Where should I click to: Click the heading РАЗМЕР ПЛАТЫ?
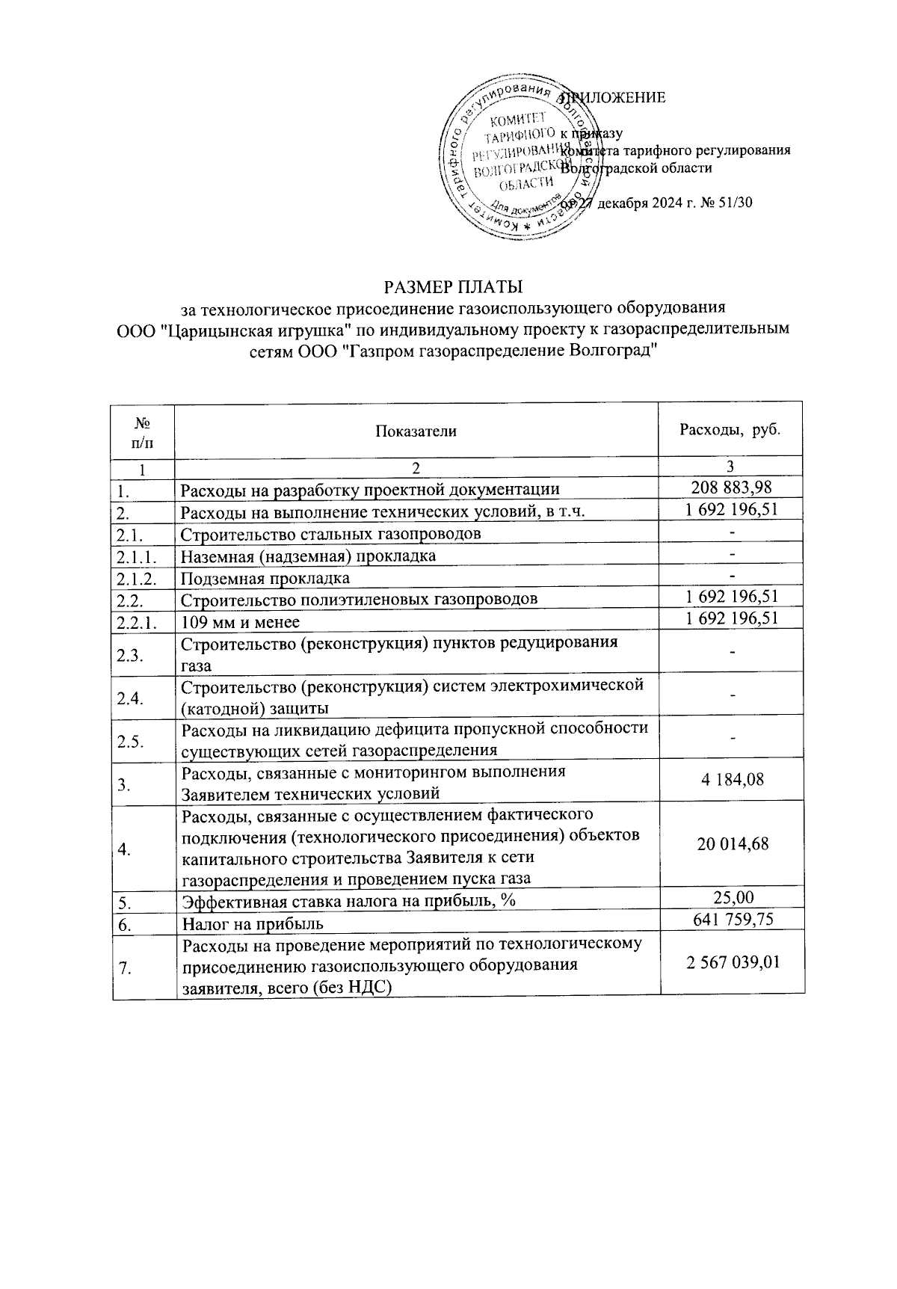tap(453, 287)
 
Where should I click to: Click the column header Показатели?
tap(416, 431)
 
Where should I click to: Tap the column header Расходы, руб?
tap(730, 430)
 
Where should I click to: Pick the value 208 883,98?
tap(731, 488)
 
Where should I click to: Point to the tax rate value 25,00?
tap(733, 897)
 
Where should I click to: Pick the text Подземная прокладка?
tap(265, 579)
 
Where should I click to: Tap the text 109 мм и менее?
tap(240, 622)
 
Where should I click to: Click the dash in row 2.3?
tap(733, 653)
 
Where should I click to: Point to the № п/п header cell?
tap(143, 431)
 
